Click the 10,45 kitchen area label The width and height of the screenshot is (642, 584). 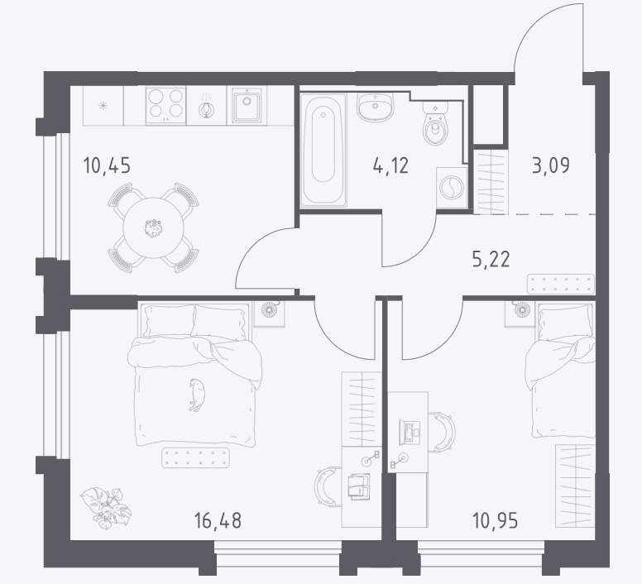coord(107,165)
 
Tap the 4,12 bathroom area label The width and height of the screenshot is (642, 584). coord(390,165)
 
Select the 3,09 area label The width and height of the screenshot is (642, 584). coord(551,165)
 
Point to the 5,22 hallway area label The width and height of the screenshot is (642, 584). coord(491,259)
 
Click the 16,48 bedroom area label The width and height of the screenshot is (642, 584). coord(218,520)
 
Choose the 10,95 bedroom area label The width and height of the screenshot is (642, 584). coord(495,520)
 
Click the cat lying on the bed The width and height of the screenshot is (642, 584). coord(198,395)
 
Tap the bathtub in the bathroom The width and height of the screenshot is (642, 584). coord(323,150)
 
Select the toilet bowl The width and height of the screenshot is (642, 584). coord(435,123)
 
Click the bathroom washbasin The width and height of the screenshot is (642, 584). coord(375,108)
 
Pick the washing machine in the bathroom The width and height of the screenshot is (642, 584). coord(452,188)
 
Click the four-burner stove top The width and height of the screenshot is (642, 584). coord(165,105)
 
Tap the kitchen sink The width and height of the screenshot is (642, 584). coord(247,105)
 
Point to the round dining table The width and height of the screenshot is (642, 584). coord(153,228)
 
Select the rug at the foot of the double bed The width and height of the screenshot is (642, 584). coord(195,457)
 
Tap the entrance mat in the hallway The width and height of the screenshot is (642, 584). coord(561,284)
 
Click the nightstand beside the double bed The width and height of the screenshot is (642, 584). coord(269,314)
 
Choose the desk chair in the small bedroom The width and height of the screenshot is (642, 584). coord(442,432)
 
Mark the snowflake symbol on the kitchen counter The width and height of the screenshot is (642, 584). coord(103,106)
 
